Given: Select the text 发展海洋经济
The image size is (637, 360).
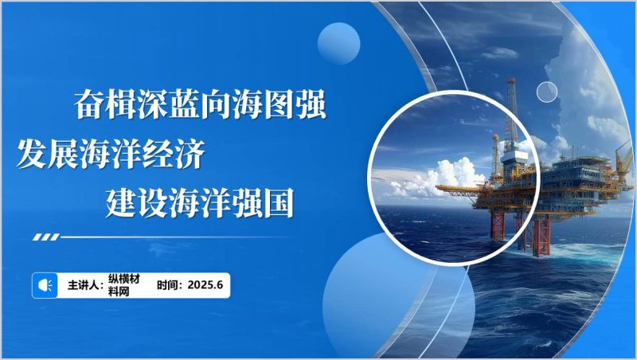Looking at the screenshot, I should tap(111, 153).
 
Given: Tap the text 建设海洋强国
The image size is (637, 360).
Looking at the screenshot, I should tap(200, 203).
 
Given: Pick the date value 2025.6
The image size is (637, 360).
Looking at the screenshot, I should tap(209, 284).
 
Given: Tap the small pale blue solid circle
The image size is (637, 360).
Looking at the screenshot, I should tap(338, 41).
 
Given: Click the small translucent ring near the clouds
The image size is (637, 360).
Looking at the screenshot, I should tap(546, 92).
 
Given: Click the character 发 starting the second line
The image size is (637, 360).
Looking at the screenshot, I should tap(32, 153).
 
